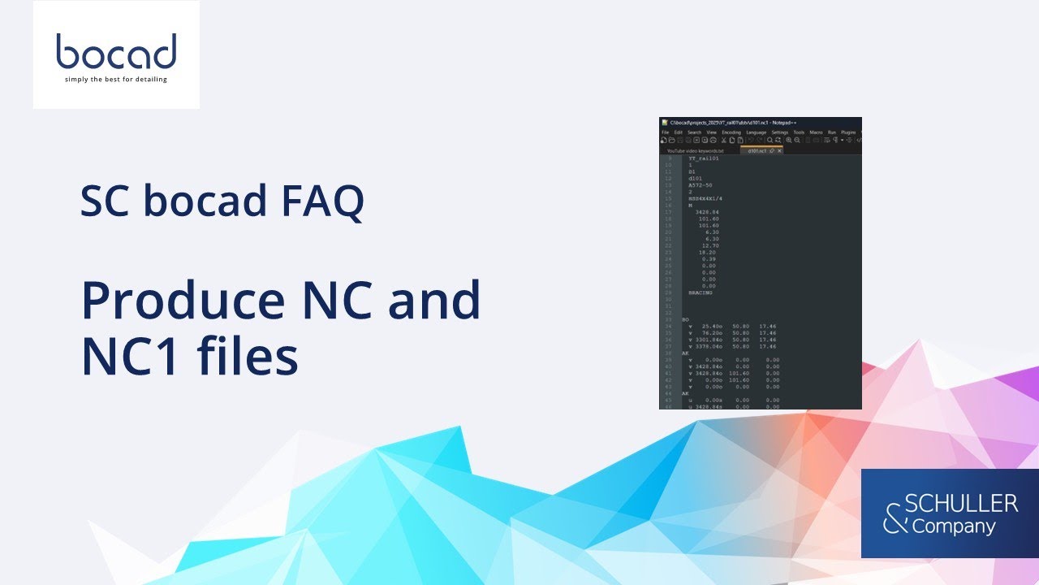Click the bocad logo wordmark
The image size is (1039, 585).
point(116,52)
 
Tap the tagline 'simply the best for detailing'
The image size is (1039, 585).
point(116,80)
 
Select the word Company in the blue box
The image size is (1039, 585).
point(954,526)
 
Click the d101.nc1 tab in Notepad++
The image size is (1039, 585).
point(761,150)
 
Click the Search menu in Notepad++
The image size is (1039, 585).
point(694,132)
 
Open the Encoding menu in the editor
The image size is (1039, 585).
point(731,132)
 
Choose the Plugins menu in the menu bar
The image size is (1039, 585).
point(848,132)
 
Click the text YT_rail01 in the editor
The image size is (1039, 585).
point(703,159)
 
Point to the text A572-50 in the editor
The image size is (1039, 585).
point(701,185)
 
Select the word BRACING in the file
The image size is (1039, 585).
point(700,292)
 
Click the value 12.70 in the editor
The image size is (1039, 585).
point(710,245)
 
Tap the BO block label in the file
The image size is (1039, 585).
point(686,319)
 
